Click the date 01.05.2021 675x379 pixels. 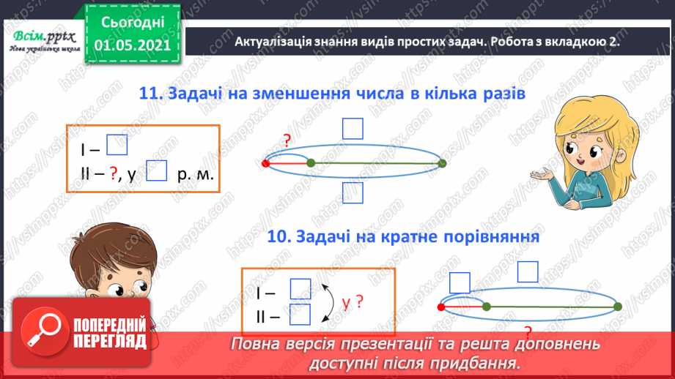[x=133, y=45]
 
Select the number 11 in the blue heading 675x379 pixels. [x=149, y=94]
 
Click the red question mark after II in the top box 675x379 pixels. [x=114, y=173]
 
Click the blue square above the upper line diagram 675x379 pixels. [x=353, y=129]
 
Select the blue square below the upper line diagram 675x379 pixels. [x=353, y=193]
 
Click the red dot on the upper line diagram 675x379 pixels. [x=265, y=162]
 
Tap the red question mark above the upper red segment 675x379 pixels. [x=287, y=141]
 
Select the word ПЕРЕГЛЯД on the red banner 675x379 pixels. [x=110, y=341]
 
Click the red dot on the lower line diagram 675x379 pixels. [x=443, y=306]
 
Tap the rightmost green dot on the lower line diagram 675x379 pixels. [x=618, y=306]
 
